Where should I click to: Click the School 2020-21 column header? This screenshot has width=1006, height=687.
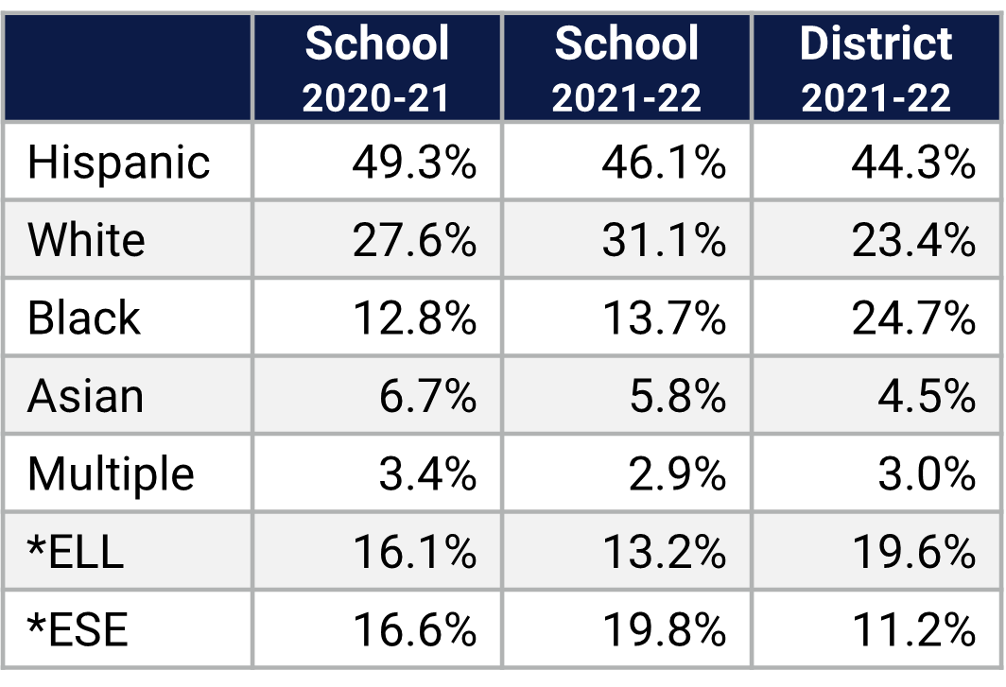[376, 69]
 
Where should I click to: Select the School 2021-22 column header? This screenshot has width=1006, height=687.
[627, 69]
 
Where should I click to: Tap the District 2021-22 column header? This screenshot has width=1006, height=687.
[876, 69]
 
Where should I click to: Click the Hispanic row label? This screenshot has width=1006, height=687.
[118, 162]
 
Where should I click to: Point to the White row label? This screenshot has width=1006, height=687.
[86, 240]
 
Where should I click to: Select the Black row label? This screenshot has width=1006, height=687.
[83, 318]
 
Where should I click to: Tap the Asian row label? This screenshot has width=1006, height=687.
[85, 396]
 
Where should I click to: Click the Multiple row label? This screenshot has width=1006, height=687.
[111, 473]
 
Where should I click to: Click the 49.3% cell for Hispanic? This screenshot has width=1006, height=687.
[414, 162]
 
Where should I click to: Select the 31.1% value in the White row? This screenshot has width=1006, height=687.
[664, 240]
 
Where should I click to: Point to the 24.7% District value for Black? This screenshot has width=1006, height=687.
[913, 318]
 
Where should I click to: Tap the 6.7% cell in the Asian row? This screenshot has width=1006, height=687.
[427, 396]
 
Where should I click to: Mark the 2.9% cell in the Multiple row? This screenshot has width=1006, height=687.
[677, 473]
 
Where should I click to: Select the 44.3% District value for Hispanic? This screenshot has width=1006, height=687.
[913, 162]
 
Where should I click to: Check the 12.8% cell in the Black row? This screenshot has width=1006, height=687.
[414, 318]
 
